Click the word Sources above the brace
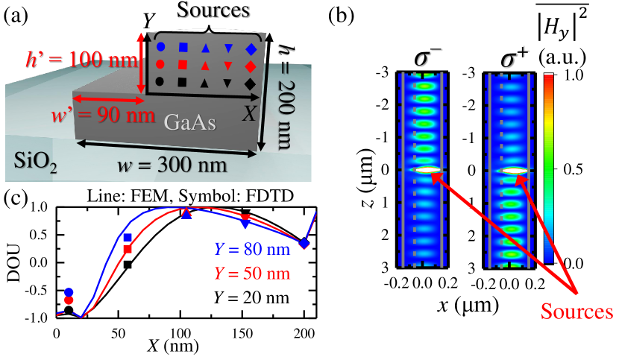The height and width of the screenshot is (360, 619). point(213,11)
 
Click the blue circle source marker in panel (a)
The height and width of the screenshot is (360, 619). point(160,48)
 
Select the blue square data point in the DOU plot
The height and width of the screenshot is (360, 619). point(128,238)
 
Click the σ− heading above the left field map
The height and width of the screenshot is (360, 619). point(426,57)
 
